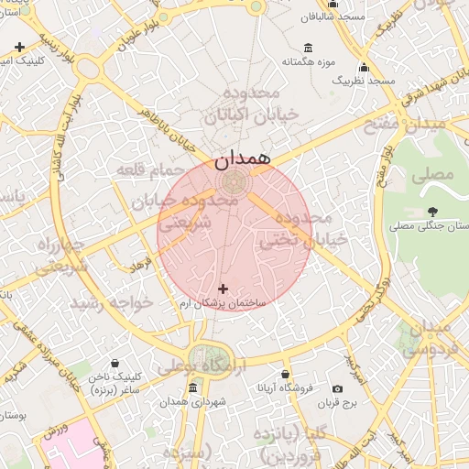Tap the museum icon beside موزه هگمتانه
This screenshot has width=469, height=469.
[x=306, y=48]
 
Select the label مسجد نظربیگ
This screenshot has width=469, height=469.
[x=363, y=82]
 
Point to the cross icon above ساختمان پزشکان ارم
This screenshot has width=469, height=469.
[x=224, y=289]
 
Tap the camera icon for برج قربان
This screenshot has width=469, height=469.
[x=337, y=389]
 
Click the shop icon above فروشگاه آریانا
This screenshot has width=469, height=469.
[x=286, y=375]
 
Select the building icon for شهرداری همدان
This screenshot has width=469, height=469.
[x=192, y=388]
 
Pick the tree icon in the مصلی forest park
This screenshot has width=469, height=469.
[x=431, y=212]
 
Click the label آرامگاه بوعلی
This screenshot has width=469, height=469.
[x=195, y=367]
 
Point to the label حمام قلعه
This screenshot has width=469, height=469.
[x=146, y=169]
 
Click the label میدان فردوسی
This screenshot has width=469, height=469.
[x=438, y=338]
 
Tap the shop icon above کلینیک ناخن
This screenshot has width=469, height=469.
[x=114, y=363]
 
